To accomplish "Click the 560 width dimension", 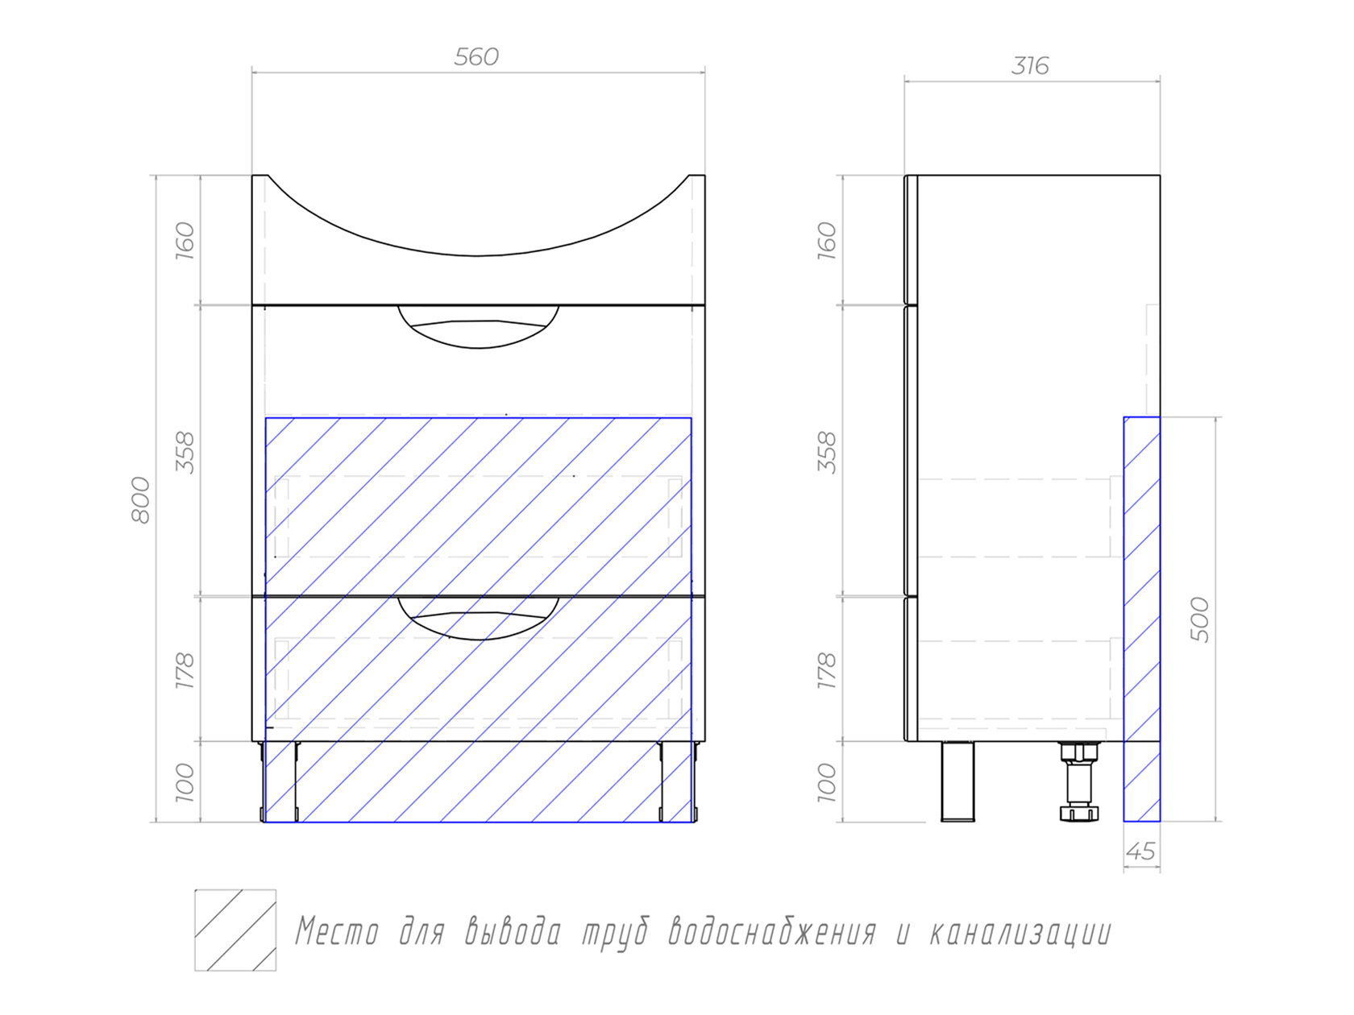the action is [476, 57].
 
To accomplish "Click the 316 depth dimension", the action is [1029, 66].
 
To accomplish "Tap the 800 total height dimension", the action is [141, 499].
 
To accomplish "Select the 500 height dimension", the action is [1200, 619].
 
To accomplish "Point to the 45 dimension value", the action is [1140, 851].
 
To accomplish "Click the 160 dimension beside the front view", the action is [185, 240].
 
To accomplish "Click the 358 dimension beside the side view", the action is [827, 453].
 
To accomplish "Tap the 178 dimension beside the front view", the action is [185, 670].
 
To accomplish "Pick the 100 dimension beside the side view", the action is [827, 783].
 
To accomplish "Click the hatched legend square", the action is [235, 930].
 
